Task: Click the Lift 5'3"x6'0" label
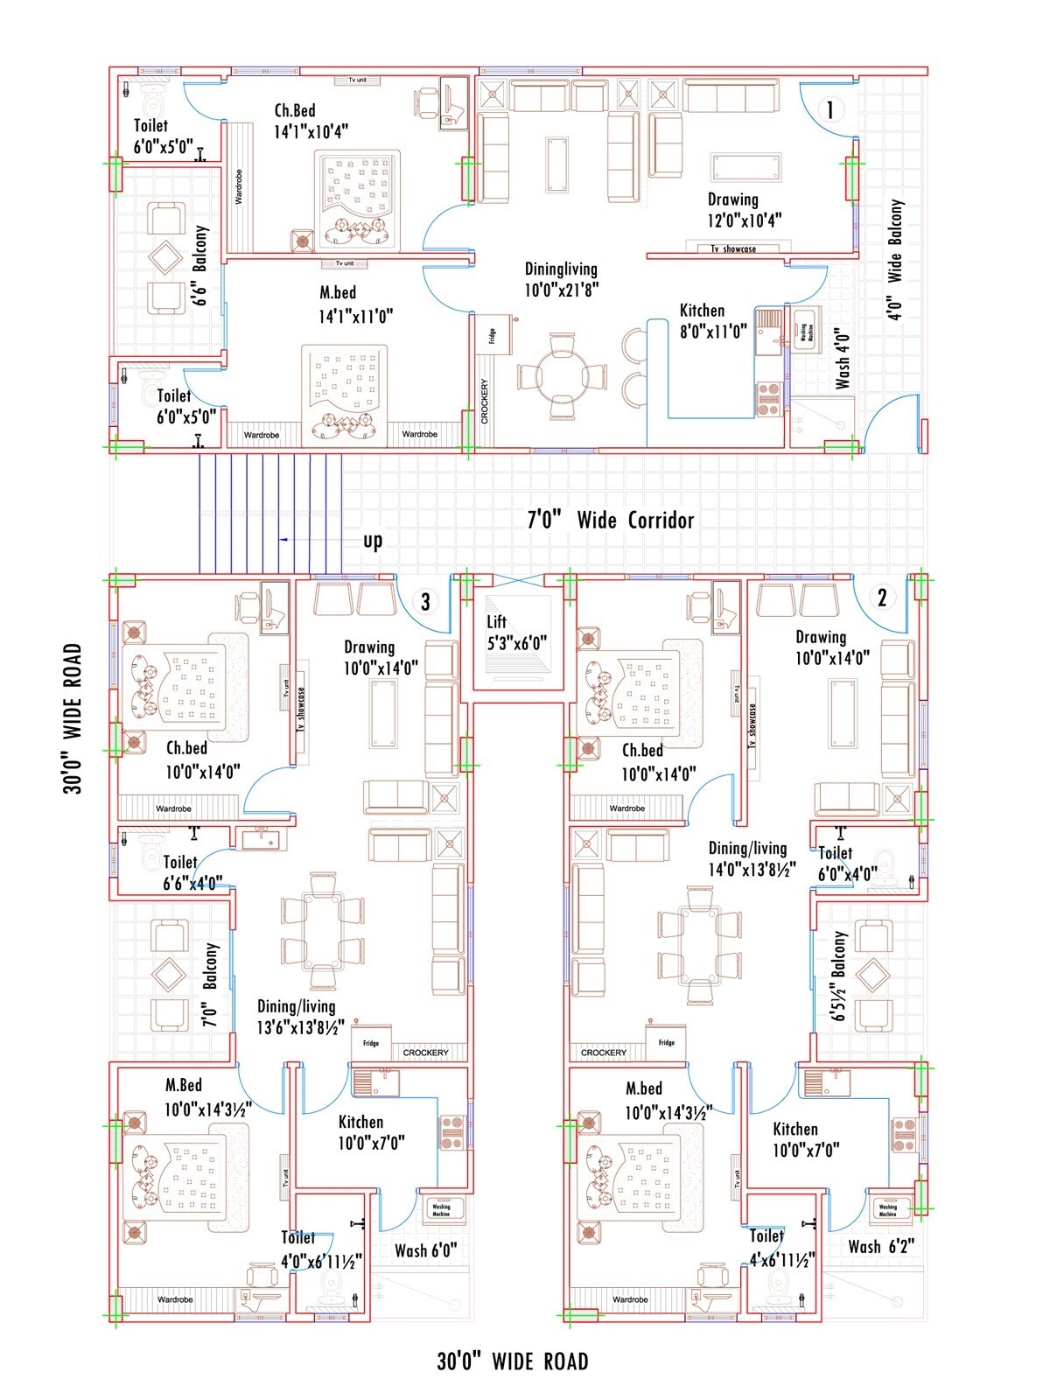coord(516,632)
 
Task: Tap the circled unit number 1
coord(829,110)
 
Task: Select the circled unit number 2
coord(882,598)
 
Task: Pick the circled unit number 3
coord(425,602)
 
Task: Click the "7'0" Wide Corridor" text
coord(610,520)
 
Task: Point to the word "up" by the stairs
coord(373,541)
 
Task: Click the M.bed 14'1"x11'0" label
coord(354,304)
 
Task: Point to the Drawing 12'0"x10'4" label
coord(745,210)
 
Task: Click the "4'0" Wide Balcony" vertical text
coord(895,260)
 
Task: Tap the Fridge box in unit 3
coord(372,1043)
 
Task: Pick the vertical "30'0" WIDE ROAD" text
coord(73,718)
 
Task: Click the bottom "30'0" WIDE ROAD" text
coord(513,1361)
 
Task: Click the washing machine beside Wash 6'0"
coord(440,1209)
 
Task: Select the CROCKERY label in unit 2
coord(604,1053)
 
